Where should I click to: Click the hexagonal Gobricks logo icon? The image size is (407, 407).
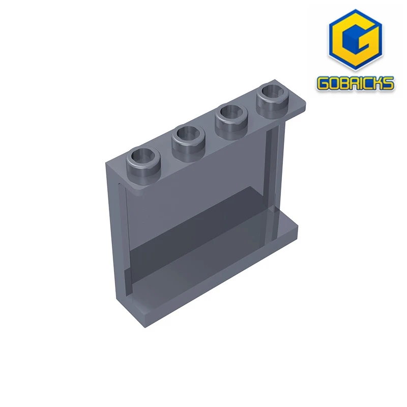click(355, 43)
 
